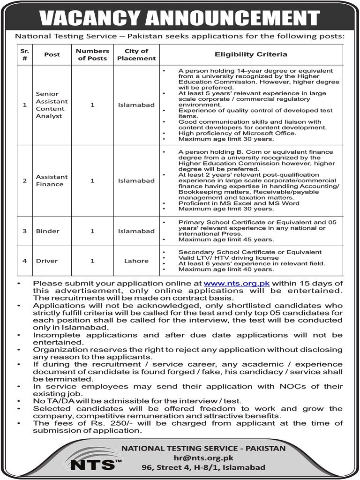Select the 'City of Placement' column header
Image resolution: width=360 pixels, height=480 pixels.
click(136, 54)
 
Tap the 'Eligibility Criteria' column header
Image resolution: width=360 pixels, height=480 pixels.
click(251, 54)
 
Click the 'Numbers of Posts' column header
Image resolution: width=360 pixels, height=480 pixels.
click(92, 54)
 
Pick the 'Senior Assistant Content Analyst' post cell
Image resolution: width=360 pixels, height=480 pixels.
click(52, 105)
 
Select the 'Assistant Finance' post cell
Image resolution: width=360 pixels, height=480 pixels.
click(52, 180)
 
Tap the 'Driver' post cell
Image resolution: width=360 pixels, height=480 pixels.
click(46, 261)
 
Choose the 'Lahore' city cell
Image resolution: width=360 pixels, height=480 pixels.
click(136, 261)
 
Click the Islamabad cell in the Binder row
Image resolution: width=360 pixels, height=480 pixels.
click(136, 231)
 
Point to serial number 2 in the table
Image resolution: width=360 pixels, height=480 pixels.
click(25, 180)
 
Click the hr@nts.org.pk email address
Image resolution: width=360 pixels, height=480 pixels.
click(203, 458)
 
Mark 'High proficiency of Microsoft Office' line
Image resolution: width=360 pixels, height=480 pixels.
click(237, 133)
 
